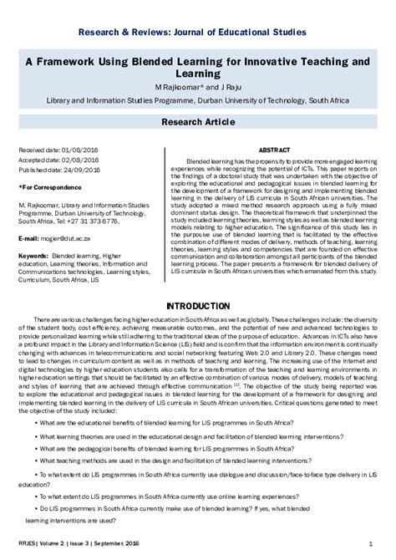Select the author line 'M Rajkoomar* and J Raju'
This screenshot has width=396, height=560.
197,87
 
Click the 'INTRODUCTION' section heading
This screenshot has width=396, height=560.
197,308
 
